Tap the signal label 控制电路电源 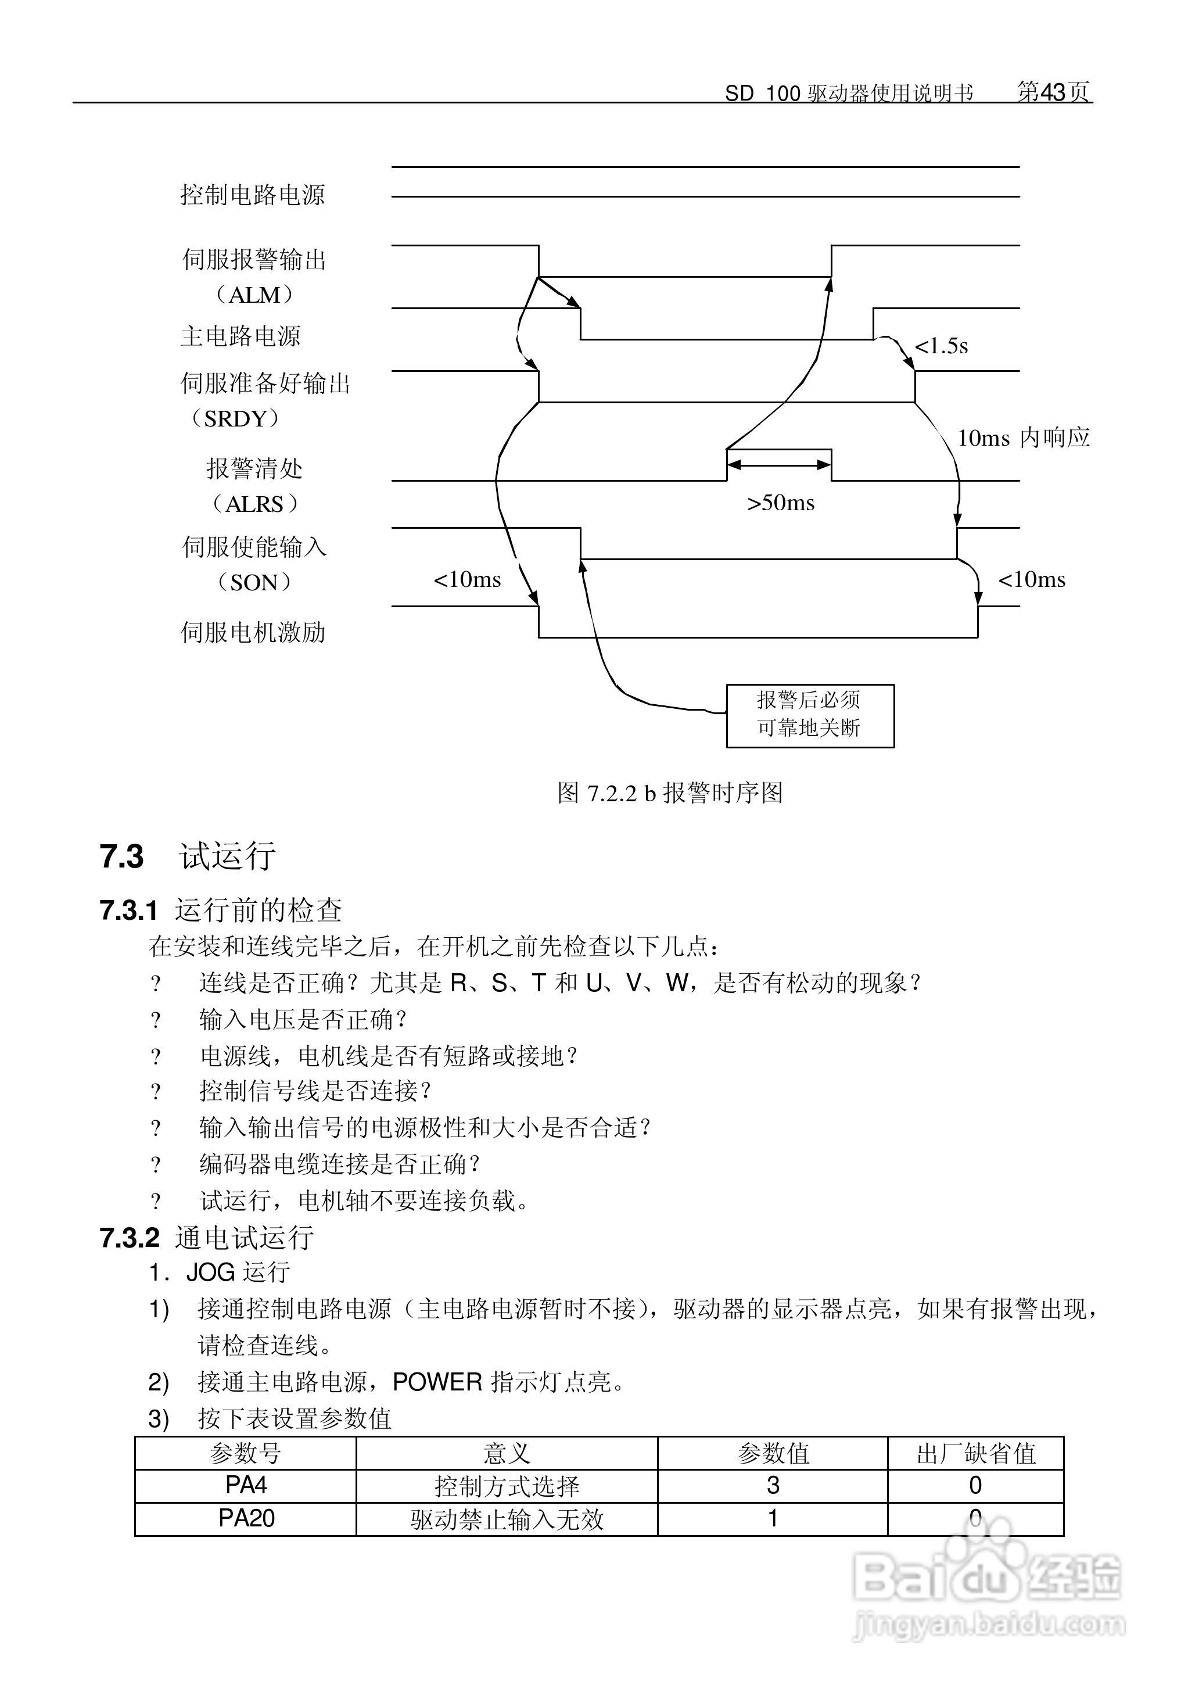253,195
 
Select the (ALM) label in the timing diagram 254,295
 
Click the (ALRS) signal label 254,504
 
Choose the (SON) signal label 254,582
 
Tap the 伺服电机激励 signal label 253,632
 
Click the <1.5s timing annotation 940,346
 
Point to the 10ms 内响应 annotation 1024,438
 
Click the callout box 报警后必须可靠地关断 809,715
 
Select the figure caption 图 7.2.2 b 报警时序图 670,793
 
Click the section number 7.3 122,856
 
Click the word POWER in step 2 437,1381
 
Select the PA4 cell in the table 246,1485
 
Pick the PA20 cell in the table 246,1518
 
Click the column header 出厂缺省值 975,1453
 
